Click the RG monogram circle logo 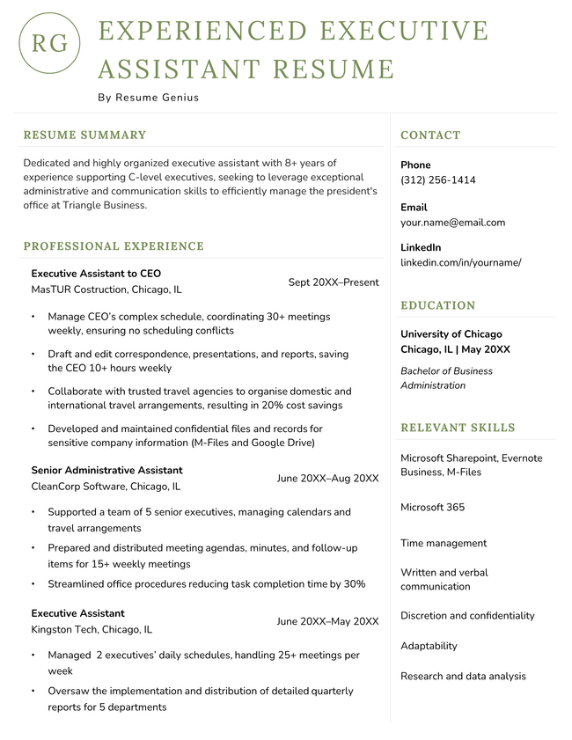49,43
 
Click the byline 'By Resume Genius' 148,98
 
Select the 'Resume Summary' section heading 84,136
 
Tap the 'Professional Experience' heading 114,246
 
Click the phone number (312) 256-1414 437,180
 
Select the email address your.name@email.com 452,223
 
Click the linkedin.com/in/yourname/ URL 460,262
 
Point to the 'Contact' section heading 430,136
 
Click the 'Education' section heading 437,305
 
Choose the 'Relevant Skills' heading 458,428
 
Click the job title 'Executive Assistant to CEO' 96,274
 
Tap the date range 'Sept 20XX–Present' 334,282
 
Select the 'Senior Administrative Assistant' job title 106,470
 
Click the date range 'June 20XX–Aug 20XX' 327,478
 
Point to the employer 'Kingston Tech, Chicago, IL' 92,629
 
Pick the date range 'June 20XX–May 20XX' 327,621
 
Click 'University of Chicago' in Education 451,334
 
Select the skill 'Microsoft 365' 432,508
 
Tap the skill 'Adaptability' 429,646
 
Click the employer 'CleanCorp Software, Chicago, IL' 106,486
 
